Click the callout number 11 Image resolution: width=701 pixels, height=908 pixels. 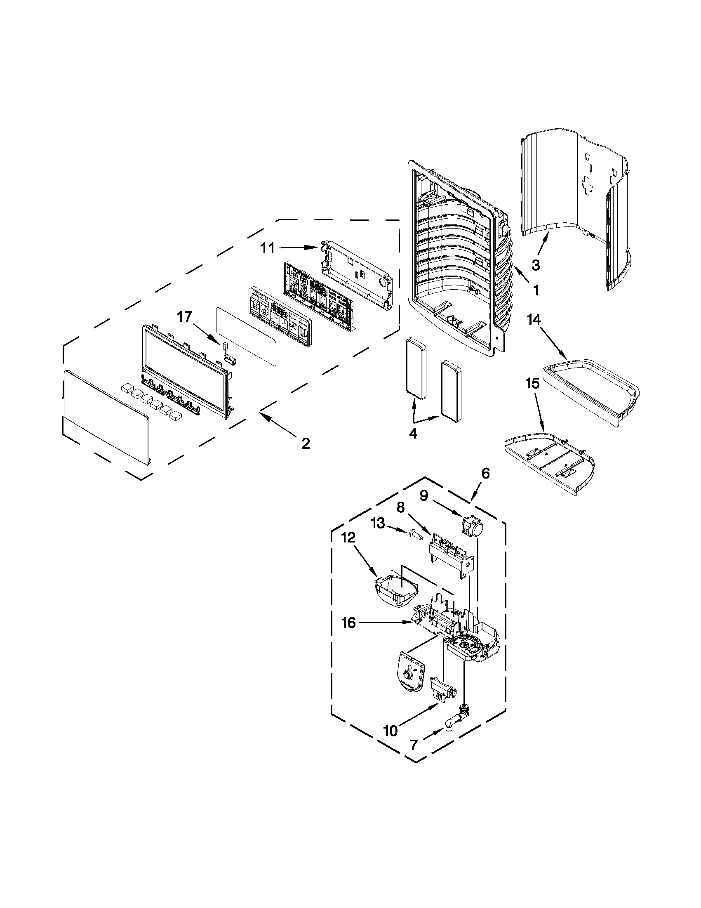267,249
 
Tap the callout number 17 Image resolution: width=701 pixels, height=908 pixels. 184,317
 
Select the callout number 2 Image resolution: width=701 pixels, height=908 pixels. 306,443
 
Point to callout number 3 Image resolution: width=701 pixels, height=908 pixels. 536,265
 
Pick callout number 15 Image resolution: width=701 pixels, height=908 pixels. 532,383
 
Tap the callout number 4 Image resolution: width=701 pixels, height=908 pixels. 413,434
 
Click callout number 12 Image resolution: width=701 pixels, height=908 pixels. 348,538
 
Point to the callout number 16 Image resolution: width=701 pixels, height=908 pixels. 348,634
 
